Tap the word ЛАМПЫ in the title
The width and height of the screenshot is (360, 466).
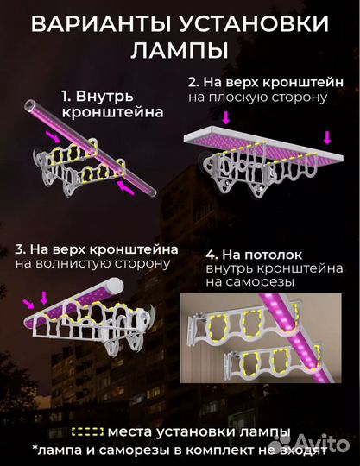pos(180,50)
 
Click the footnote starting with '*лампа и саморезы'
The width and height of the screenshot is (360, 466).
pos(180,450)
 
